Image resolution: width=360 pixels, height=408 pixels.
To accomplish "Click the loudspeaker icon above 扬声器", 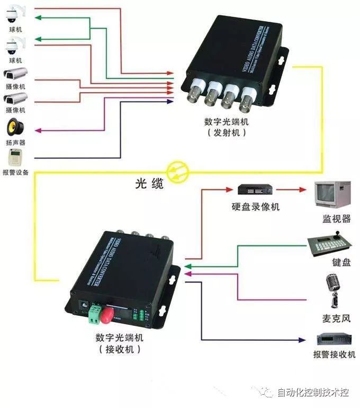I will coord(15,128).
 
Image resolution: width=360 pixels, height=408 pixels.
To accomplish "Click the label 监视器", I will coord(337,219).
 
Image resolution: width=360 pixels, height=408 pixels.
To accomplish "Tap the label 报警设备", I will coord(15,173).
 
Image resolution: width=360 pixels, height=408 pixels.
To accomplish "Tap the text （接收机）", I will coord(120,349).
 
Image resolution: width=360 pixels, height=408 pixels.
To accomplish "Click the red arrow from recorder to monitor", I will coord(291,189).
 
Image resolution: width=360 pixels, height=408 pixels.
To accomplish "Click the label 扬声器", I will coord(15,143).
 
